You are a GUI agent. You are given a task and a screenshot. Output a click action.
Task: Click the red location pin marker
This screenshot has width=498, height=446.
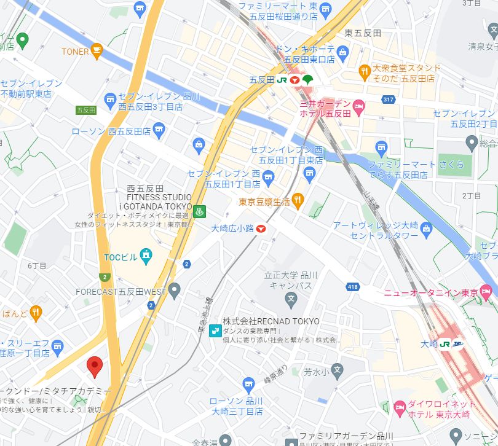pyautogui.click(x=94, y=367)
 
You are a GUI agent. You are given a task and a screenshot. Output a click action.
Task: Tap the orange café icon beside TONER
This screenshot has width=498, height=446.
pyautogui.click(x=97, y=50)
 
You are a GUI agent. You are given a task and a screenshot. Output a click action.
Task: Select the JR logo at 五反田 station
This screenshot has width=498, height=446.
pyautogui.click(x=282, y=80)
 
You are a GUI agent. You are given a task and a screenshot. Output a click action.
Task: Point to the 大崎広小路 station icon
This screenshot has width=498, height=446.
pyautogui.click(x=261, y=229)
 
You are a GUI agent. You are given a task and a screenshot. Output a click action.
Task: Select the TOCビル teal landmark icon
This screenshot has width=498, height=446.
pyautogui.click(x=146, y=255)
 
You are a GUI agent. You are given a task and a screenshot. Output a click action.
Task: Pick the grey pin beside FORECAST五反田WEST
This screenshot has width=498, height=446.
pyautogui.click(x=175, y=289)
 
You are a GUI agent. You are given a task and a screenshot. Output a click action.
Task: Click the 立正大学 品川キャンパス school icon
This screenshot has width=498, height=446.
pyautogui.click(x=291, y=299)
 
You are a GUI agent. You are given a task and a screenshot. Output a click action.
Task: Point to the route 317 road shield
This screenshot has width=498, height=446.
pyautogui.click(x=387, y=100)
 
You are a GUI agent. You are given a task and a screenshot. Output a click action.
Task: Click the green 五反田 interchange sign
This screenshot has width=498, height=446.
pyautogui.click(x=85, y=110)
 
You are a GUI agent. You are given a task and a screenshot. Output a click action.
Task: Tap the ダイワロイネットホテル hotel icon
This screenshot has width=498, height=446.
pyautogui.click(x=400, y=407)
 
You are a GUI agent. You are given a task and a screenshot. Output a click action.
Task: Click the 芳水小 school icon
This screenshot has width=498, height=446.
pyautogui.click(x=336, y=370)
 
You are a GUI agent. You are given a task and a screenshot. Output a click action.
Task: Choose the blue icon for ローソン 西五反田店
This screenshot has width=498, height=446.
pyautogui.click(x=160, y=129)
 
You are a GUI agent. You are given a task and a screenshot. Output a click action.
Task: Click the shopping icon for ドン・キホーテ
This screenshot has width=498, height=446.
pyautogui.click(x=343, y=50)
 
